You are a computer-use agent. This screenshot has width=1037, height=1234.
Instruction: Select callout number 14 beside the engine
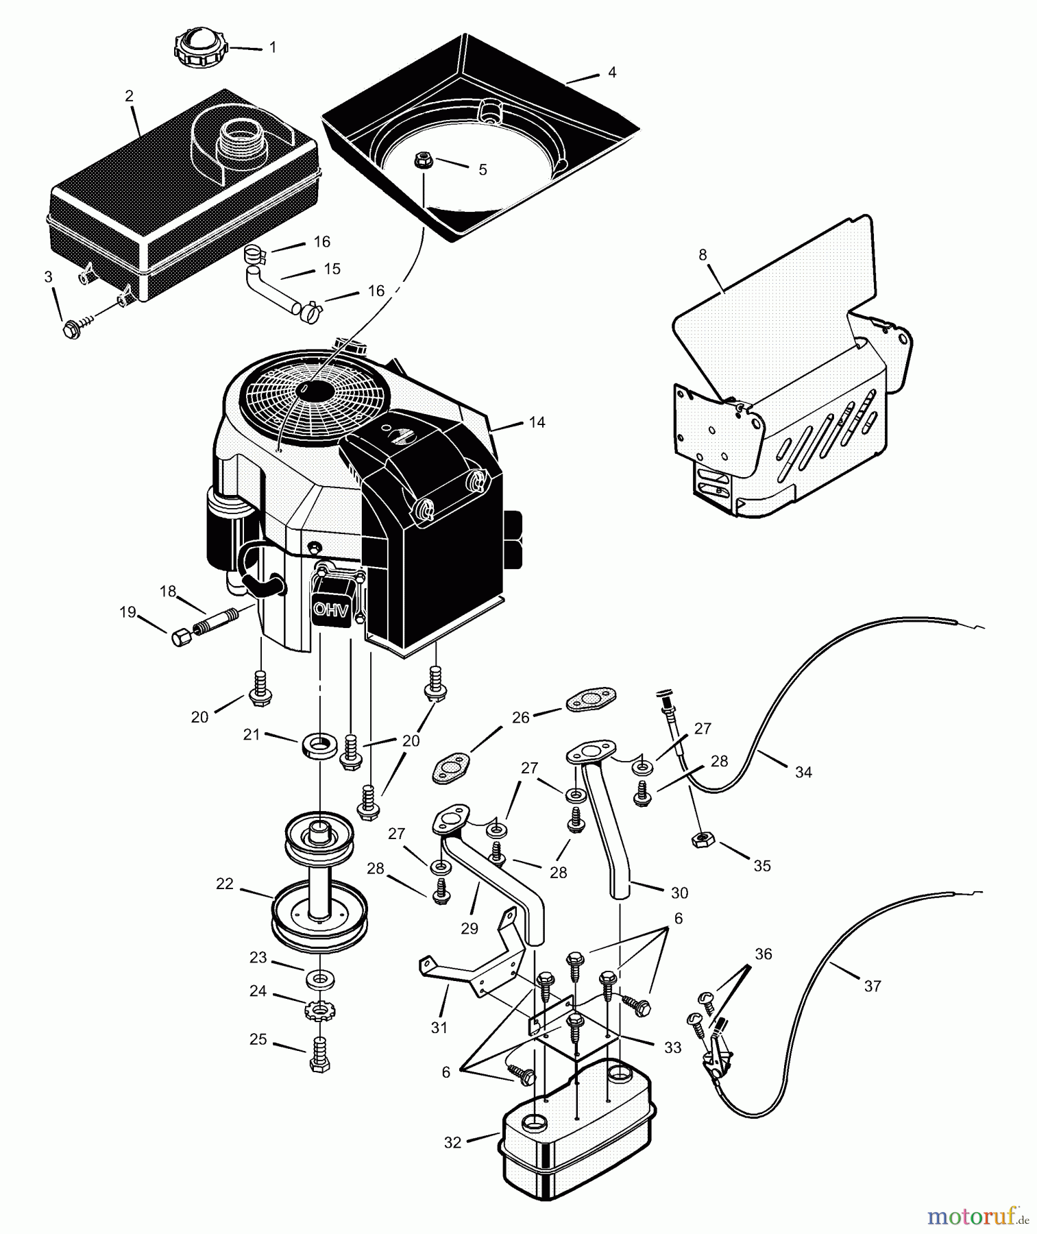(537, 422)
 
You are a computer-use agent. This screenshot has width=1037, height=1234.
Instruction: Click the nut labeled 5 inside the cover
(422, 162)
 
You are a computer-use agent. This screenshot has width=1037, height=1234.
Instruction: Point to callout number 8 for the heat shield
(703, 255)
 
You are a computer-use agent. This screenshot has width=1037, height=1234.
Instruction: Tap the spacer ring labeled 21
(320, 745)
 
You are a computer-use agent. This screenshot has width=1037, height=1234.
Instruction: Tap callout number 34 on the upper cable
(803, 773)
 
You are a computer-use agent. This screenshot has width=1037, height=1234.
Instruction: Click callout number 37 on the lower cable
(872, 987)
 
